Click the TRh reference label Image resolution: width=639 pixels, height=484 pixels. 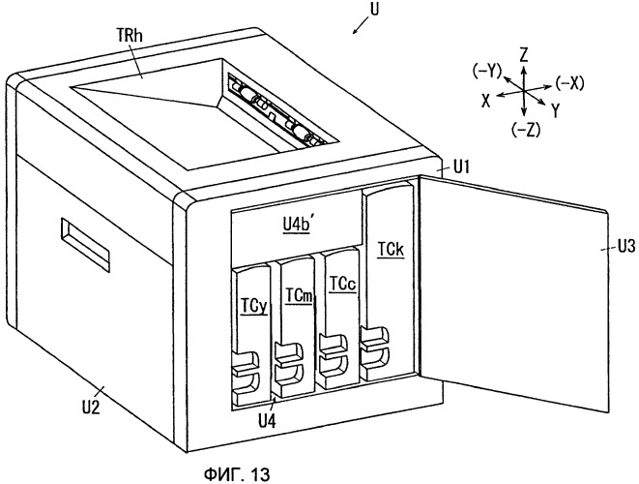pos(130,37)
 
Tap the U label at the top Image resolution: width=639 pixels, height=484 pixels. pos(374,10)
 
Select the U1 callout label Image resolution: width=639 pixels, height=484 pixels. pos(460,167)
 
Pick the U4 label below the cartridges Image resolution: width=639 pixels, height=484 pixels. pos(268,420)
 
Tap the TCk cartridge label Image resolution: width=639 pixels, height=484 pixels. pos(391,250)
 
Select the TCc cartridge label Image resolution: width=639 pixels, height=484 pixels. pos(343,284)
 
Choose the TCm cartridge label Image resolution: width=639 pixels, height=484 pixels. pos(299,295)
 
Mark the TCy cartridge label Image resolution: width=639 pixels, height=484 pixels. pos(254,307)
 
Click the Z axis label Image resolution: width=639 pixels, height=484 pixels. pos(524,54)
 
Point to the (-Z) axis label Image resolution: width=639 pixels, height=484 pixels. pos(525,130)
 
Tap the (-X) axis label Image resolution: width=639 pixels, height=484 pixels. pos(569,83)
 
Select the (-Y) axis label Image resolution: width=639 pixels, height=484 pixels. pos(487,72)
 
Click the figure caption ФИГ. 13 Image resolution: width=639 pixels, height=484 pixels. pos(237,474)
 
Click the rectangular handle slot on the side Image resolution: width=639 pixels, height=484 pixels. pos(86,245)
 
